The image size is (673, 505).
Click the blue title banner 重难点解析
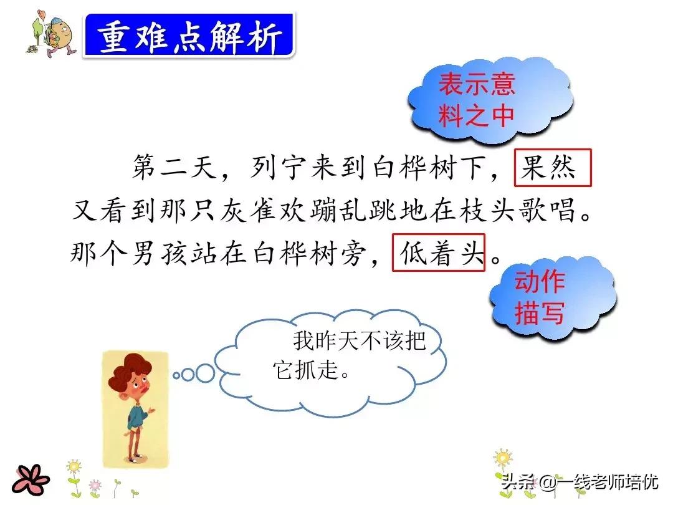(189, 35)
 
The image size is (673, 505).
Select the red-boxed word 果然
(552, 168)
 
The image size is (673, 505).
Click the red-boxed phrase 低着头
(438, 252)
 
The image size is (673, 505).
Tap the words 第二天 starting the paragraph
(174, 167)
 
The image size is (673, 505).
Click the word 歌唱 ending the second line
(548, 211)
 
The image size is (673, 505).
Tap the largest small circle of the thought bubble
(205, 373)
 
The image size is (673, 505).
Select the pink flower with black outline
(31, 479)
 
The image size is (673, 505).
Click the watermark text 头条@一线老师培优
(580, 481)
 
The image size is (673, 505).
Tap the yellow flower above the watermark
(503, 458)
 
